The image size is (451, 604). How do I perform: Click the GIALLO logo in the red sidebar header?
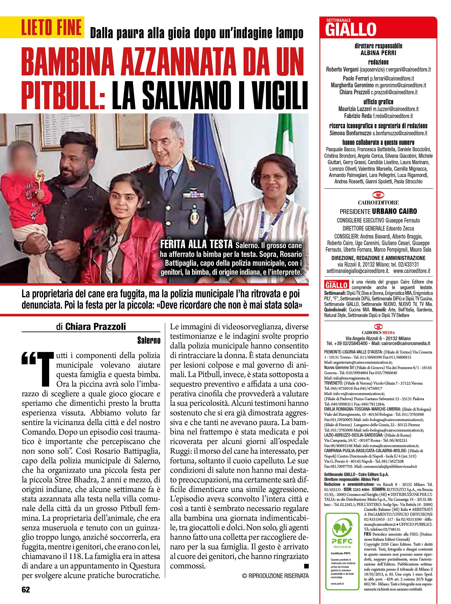351,30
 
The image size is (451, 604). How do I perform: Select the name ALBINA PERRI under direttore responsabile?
378,53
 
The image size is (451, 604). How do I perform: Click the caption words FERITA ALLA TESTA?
196,244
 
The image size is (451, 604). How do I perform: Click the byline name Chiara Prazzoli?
95,327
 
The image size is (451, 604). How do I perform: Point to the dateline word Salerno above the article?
149,341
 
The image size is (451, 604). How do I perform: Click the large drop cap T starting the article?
45,369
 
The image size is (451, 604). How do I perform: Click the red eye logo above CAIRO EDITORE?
378,195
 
